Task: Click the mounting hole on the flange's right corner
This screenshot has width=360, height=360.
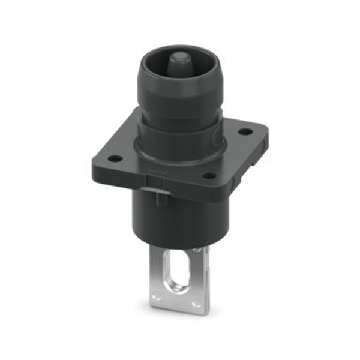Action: tap(243, 131)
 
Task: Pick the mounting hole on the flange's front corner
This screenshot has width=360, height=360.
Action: tap(209, 176)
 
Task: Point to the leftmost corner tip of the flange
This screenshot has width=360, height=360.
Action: tap(94, 161)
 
